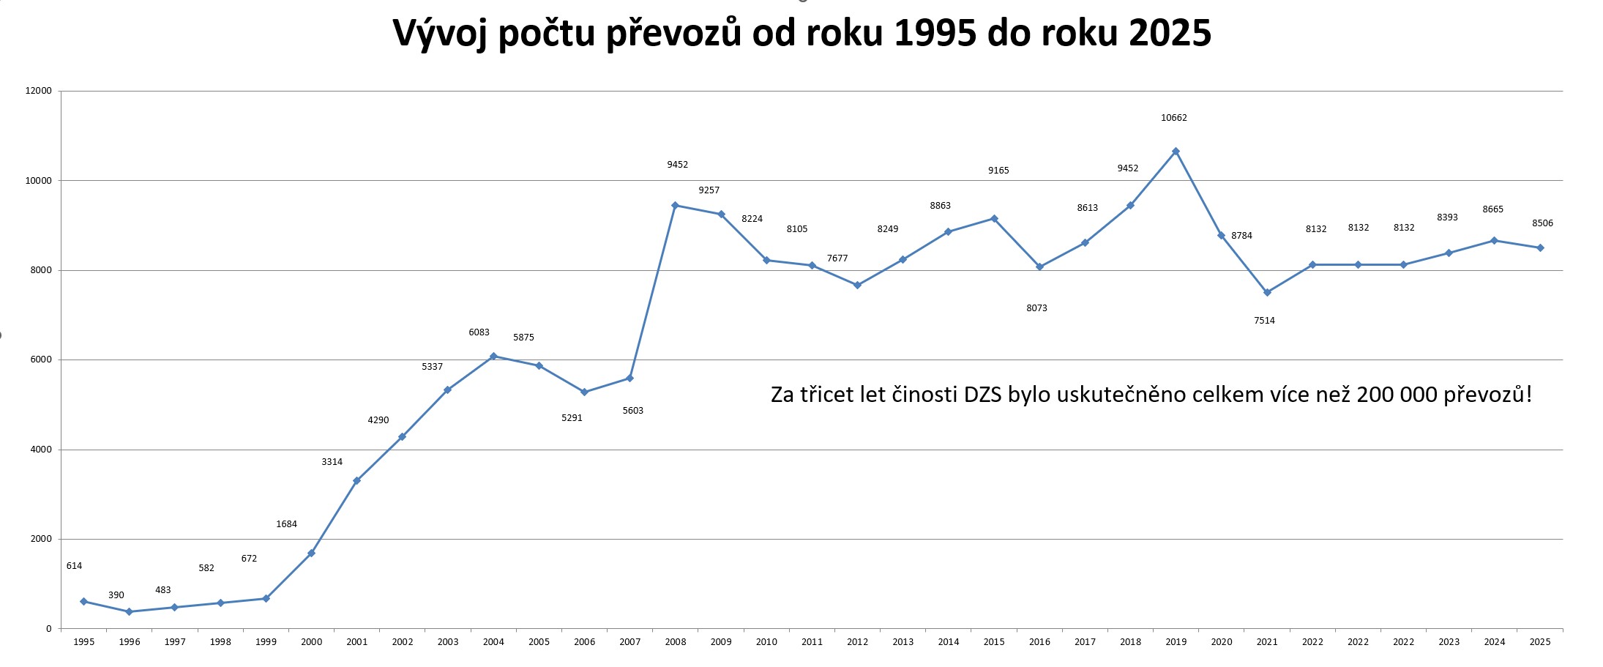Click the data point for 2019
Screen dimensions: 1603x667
1176,152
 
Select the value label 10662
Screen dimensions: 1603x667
1174,118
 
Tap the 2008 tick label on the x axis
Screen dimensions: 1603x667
676,642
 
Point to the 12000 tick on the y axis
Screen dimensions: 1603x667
39,91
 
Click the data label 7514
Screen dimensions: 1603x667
1264,321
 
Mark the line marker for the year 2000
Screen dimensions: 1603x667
311,553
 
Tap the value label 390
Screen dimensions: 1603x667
116,595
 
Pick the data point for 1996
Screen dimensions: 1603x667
129,611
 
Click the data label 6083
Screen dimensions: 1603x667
479,332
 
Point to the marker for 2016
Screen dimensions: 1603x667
1039,267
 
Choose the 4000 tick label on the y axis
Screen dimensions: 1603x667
41,450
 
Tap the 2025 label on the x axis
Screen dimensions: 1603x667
1540,642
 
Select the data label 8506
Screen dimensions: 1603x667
1542,223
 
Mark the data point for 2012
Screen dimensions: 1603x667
857,285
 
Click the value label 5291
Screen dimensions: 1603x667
572,418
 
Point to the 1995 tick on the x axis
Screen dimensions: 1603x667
83,642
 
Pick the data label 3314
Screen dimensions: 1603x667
332,462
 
